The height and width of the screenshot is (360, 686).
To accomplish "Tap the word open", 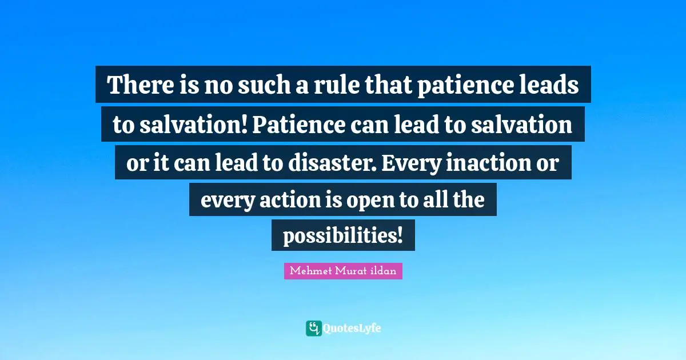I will click(377, 201).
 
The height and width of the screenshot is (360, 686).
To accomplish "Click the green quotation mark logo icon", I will click(313, 328).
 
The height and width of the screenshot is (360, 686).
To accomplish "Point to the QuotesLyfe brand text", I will click(352, 329).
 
